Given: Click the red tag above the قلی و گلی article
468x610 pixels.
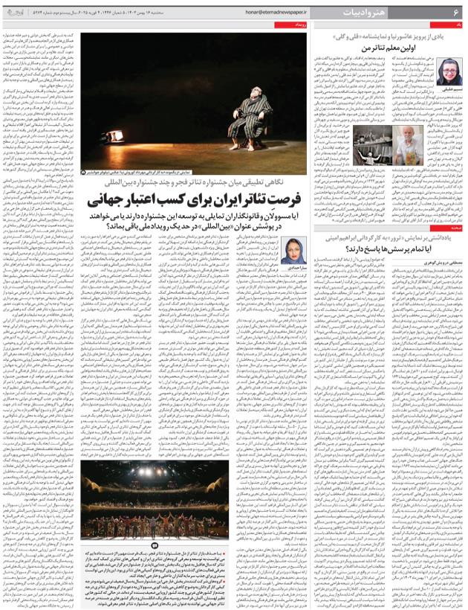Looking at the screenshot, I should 455,25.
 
